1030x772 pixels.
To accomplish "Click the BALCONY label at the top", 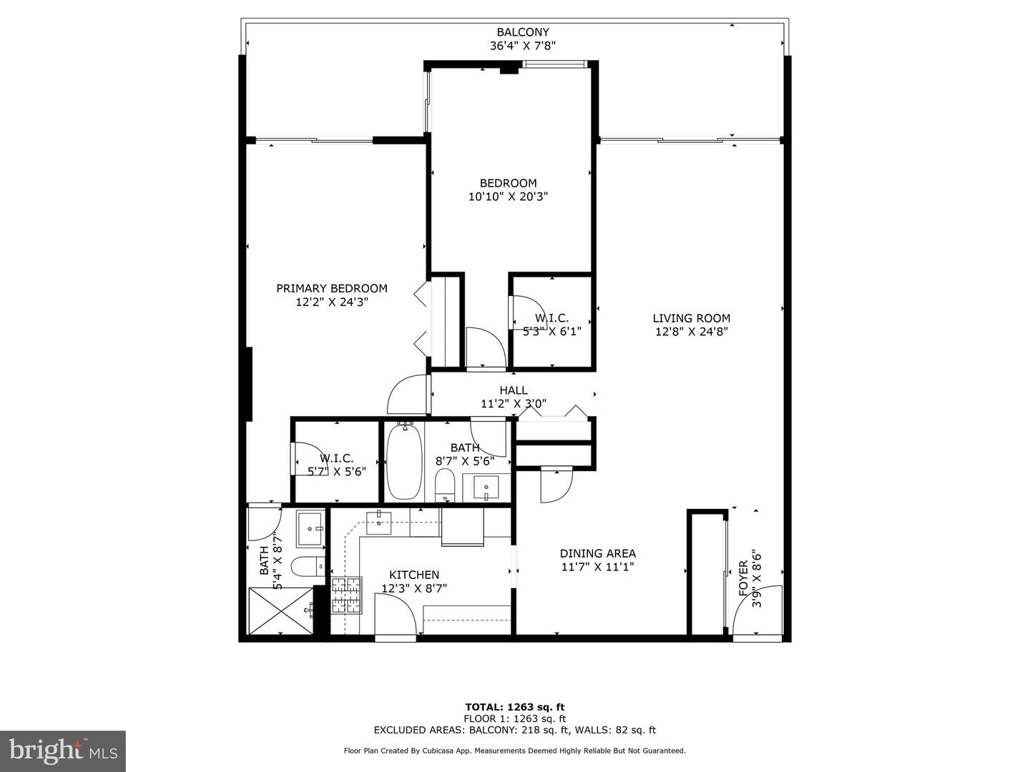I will pyautogui.click(x=522, y=32).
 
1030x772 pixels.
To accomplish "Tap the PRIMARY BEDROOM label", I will pyautogui.click(x=332, y=288).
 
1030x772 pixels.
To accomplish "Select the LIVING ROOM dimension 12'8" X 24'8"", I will pyautogui.click(x=691, y=332).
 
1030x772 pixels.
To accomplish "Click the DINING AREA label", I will pyautogui.click(x=597, y=553).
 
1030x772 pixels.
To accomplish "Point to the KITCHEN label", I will pyautogui.click(x=413, y=575).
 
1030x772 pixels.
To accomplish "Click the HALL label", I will pyautogui.click(x=513, y=390).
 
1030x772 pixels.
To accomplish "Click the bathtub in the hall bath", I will pyautogui.click(x=404, y=461).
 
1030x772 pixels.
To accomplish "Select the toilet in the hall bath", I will pyautogui.click(x=444, y=485).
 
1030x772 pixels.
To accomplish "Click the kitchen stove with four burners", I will pyautogui.click(x=348, y=595).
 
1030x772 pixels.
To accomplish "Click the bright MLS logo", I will pyautogui.click(x=62, y=751).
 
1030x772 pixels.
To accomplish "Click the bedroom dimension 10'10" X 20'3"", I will pyautogui.click(x=508, y=197).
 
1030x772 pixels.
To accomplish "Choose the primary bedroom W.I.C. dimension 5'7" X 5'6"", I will pyautogui.click(x=336, y=471).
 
